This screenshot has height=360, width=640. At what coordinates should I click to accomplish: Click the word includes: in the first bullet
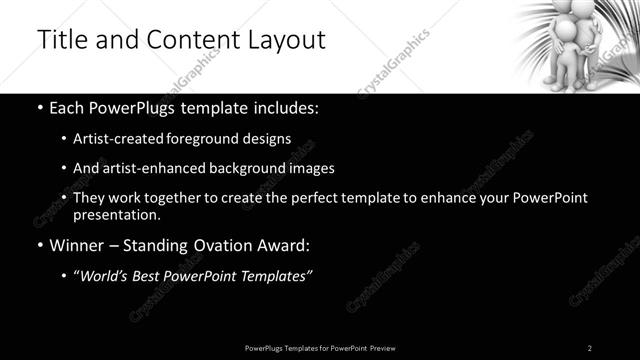click(x=283, y=106)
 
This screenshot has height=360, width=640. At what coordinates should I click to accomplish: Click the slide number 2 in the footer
click(x=589, y=347)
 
